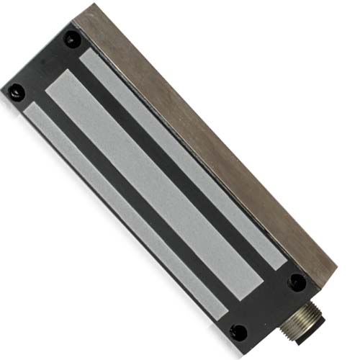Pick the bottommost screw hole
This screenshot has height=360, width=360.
click(x=238, y=332)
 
